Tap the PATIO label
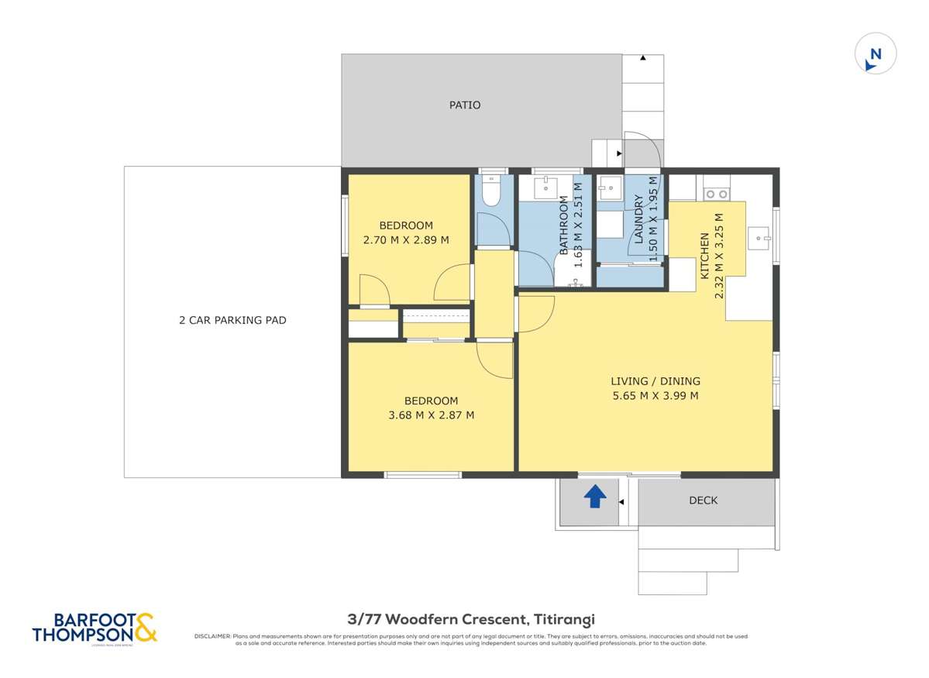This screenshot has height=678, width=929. coord(465,105)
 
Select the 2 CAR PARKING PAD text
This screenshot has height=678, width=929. coord(232,320)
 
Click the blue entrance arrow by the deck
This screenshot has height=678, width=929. coord(594,496)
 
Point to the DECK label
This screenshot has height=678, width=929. coord(703,501)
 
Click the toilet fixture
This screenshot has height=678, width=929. coord(490,191)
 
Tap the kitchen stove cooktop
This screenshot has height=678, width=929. coord(716,193)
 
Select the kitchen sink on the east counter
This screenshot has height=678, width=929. coord(759,236)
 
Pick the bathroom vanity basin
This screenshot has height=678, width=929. coord(547,186)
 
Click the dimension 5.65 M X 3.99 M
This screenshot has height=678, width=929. coord(655,396)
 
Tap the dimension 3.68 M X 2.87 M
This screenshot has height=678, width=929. coord(431,415)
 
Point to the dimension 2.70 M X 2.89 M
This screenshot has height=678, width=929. coord(406,240)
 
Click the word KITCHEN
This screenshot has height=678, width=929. coord(705,256)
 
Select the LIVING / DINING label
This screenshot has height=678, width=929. coord(655,381)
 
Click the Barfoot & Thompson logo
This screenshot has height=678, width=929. coord(95,628)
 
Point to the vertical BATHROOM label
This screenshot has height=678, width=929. coord(564,225)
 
